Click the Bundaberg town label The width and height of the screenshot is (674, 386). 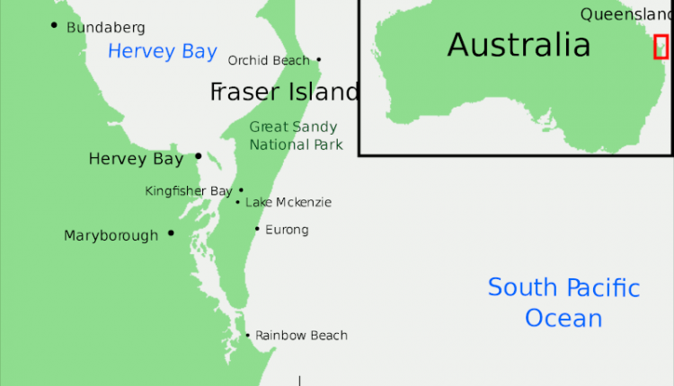pos(105,28)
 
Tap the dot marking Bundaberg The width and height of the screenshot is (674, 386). pos(55,25)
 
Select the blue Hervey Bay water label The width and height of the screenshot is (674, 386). pos(162,51)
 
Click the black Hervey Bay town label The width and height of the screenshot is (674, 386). pos(136,159)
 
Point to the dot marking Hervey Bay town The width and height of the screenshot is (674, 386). pos(198,156)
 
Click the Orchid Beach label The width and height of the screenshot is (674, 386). pos(269,61)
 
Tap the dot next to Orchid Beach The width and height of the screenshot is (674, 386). pos(318,61)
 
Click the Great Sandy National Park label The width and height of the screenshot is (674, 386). pos(296,136)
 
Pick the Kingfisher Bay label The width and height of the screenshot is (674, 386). pos(189,191)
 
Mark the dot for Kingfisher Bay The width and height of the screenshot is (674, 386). pos(241,190)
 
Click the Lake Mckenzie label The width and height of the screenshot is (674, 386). pos(288,203)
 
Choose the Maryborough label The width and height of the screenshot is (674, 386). pos(111,236)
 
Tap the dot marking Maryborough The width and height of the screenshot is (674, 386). pos(171,233)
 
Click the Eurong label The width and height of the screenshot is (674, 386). pos(287,230)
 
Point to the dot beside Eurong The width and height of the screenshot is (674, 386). pos(257,229)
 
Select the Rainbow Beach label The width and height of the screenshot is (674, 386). pos(301,336)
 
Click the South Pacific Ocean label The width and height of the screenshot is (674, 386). pos(563,303)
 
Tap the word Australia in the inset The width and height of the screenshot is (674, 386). pos(519,44)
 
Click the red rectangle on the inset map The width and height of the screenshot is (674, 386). pos(661,47)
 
